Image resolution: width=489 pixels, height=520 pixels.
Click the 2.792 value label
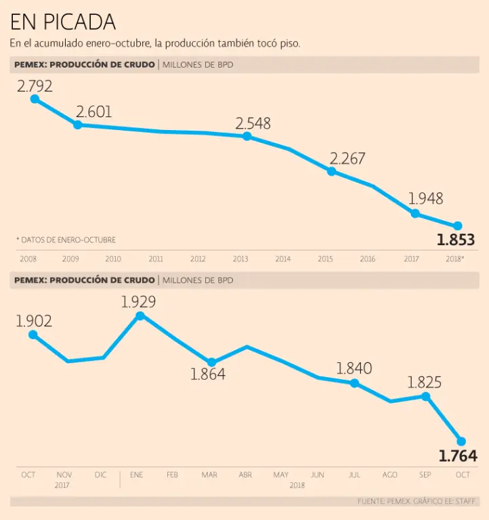pos(35,86)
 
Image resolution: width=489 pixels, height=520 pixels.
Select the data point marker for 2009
pos(77,125)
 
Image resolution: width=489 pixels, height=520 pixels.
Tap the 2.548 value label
pos(253,123)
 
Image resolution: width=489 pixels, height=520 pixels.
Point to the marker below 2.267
pos(331,171)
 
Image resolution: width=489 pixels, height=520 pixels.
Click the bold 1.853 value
pos(456,240)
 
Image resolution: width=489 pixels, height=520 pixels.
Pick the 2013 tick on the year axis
pos(240,259)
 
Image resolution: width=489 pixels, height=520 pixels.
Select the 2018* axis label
pos(454,259)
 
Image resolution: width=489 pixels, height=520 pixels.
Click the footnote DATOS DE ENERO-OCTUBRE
pos(66,240)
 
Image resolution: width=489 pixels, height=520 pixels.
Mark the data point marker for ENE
pos(140,316)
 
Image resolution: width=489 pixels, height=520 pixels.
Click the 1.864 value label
pos(208,374)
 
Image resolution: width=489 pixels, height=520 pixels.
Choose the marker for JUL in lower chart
pos(354,383)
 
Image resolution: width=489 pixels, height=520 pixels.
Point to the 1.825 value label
pos(424,383)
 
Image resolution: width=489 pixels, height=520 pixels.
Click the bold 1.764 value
pos(458,456)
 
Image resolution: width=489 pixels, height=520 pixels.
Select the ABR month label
pos(245,475)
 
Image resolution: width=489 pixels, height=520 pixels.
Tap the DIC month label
pos(100,475)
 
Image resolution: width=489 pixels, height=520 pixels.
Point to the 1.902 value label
pos(34,321)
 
